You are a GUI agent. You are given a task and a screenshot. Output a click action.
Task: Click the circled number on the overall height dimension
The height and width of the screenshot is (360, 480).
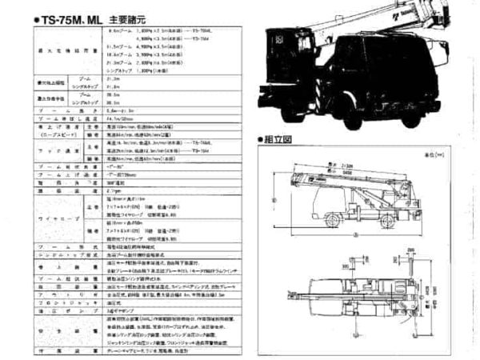tap(271, 199)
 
